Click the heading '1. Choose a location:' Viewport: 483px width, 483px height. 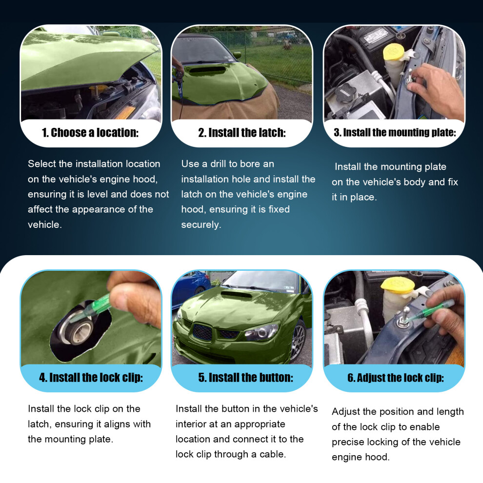pos(90,133)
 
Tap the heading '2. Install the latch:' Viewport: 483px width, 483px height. pos(242,133)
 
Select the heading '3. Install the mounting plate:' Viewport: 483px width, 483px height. pos(395,132)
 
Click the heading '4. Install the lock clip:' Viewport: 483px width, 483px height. pos(91,377)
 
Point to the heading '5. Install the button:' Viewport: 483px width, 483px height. pos(245,377)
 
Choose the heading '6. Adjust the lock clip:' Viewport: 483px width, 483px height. pos(396,378)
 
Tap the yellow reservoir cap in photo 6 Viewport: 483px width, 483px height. pos(395,285)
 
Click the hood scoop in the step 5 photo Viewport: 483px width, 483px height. pos(237,295)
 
